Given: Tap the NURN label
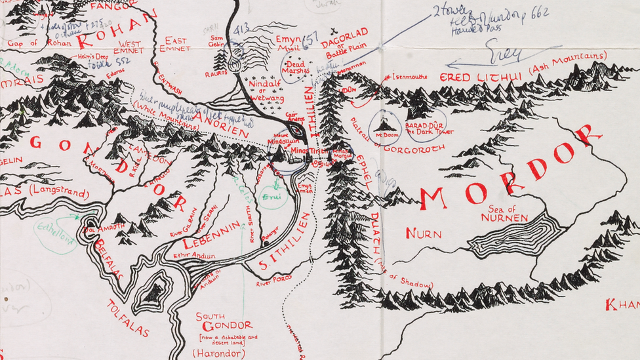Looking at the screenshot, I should pyautogui.click(x=423, y=233).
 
